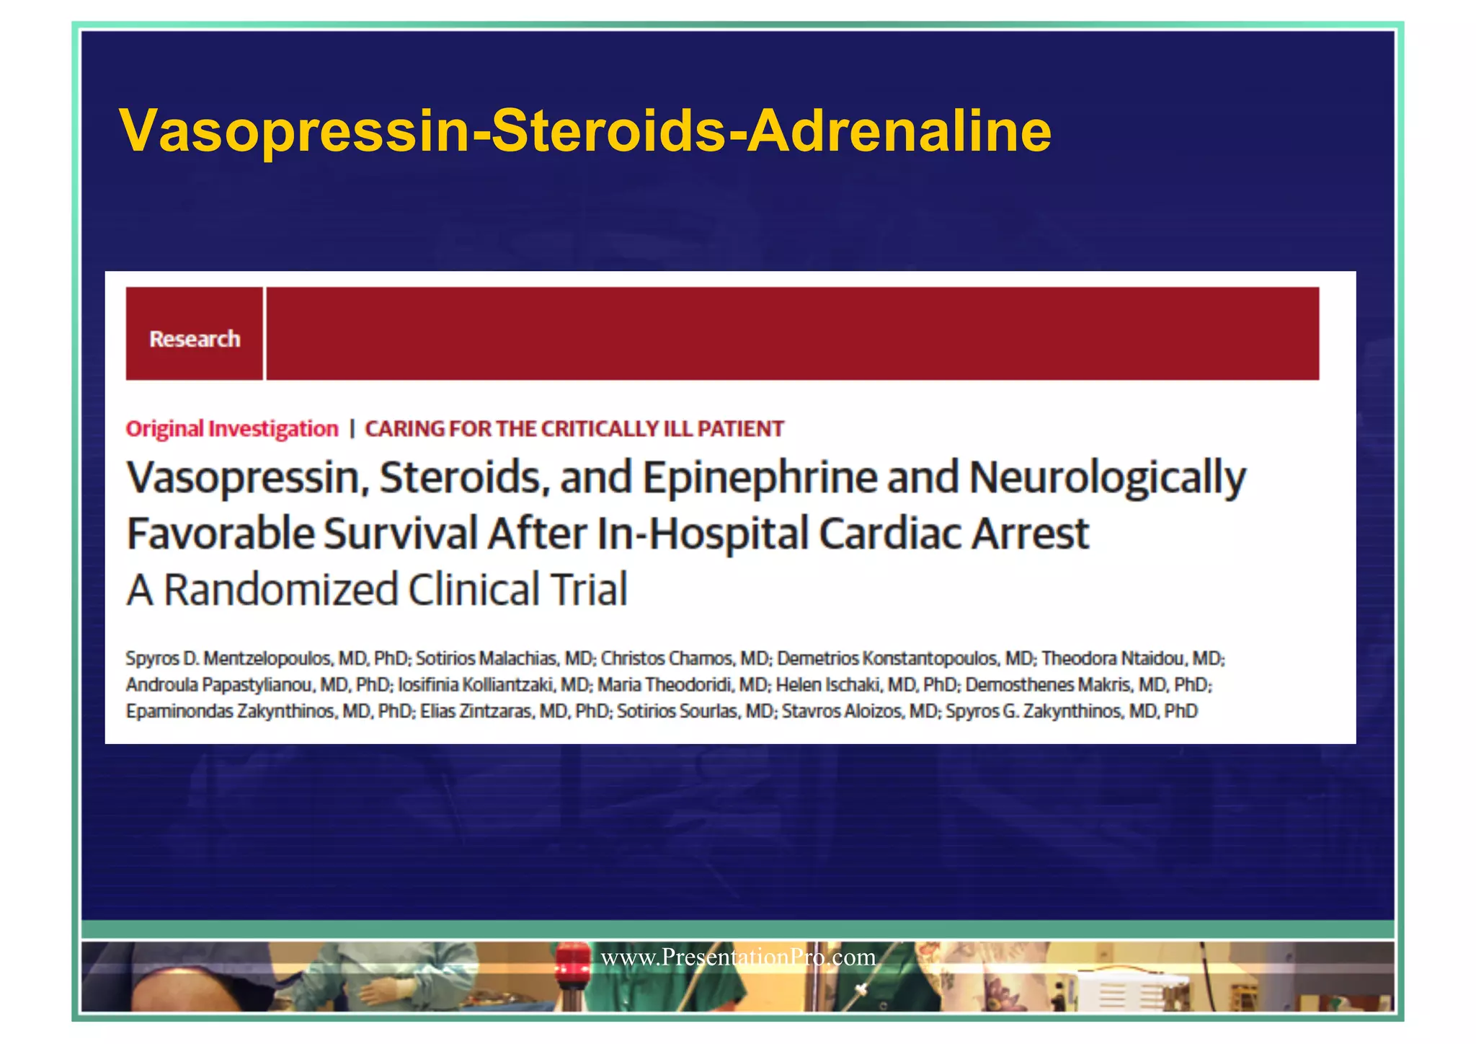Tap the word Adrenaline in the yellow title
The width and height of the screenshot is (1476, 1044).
pyautogui.click(x=899, y=131)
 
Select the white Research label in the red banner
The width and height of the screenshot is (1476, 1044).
pyautogui.click(x=195, y=339)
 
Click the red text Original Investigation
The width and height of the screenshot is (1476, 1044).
pyautogui.click(x=232, y=429)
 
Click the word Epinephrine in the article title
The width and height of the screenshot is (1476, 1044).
pyautogui.click(x=760, y=478)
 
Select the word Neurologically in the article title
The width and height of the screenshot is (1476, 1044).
pyautogui.click(x=1107, y=478)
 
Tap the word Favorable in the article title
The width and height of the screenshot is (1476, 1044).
pyautogui.click(x=221, y=534)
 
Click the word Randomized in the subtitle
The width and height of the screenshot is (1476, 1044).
pyautogui.click(x=281, y=589)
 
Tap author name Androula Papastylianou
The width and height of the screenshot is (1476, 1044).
pyautogui.click(x=220, y=684)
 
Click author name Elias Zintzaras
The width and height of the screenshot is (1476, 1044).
pyautogui.click(x=476, y=711)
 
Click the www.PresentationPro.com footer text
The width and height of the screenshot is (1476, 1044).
pyautogui.click(x=738, y=957)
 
